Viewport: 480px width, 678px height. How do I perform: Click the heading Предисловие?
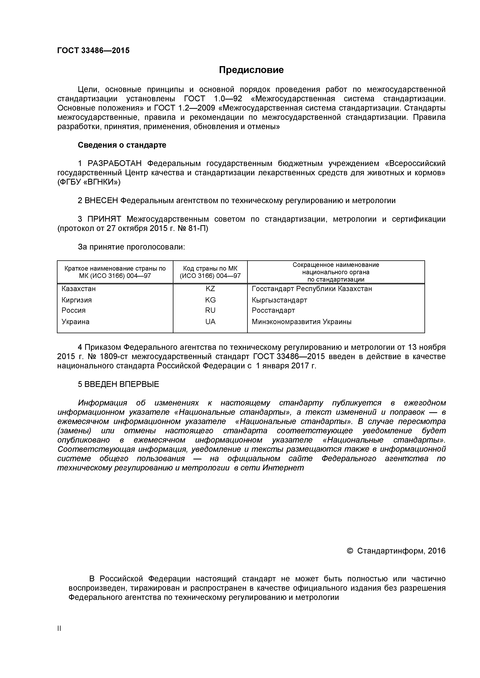click(251, 70)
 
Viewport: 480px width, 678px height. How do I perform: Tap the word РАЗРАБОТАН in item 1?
click(114, 163)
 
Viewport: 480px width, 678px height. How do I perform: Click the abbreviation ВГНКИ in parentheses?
click(101, 182)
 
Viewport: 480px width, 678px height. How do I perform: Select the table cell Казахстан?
click(78, 289)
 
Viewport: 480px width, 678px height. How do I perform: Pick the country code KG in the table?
click(210, 300)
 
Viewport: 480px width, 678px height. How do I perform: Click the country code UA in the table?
click(210, 322)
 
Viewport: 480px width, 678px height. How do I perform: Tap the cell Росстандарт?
click(273, 310)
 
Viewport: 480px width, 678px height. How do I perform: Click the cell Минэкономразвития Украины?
click(301, 322)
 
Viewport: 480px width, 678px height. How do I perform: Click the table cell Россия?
click(73, 310)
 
